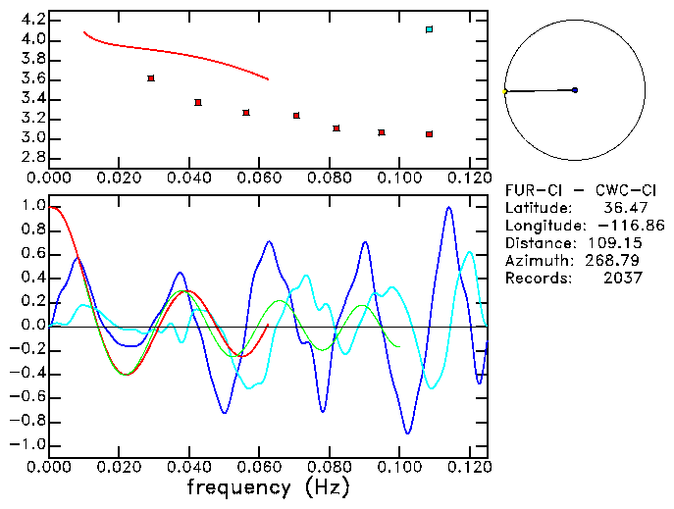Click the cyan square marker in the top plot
click(x=429, y=29)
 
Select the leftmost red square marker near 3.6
click(x=150, y=78)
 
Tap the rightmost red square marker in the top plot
click(x=429, y=134)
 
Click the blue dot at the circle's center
click(x=575, y=90)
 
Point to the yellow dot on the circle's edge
click(x=504, y=92)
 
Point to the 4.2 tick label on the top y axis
click(x=31, y=21)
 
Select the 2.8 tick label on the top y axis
click(x=31, y=158)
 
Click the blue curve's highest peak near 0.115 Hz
click(x=448, y=207)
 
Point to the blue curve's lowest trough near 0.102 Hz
click(x=407, y=433)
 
